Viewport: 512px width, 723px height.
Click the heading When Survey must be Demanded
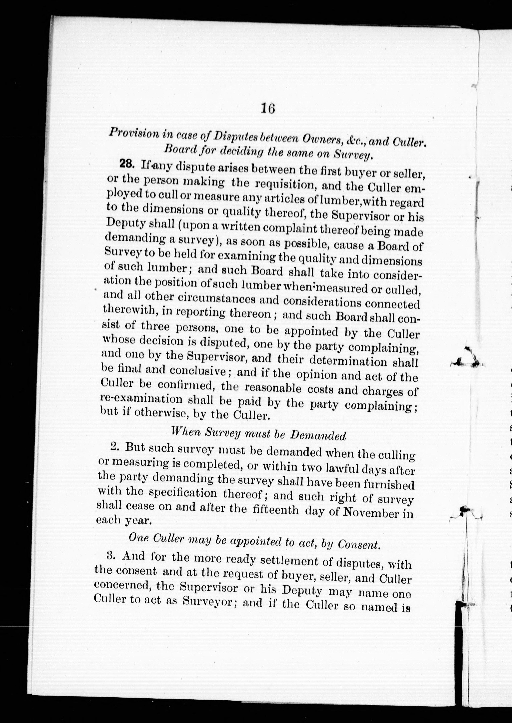(x=258, y=434)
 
